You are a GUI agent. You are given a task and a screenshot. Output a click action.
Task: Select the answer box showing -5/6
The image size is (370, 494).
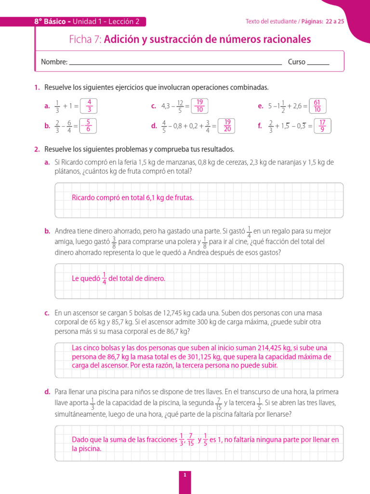pos(88,126)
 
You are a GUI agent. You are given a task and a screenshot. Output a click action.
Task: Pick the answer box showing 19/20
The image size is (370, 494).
pos(227,126)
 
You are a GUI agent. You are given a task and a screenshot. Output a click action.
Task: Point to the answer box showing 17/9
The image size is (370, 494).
pos(322,126)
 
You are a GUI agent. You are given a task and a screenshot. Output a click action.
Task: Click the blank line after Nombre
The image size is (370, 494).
pos(175,63)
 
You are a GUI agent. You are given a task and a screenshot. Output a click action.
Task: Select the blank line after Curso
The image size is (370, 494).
pos(318,63)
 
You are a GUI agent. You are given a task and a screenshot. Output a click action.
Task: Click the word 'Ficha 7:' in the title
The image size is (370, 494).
pos(85,40)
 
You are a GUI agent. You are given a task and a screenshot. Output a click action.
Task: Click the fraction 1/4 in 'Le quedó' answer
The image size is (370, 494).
pos(105,278)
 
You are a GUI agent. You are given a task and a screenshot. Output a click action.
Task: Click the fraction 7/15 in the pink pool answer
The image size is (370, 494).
pos(191,439)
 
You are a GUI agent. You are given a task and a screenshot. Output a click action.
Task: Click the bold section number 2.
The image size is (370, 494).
pos(37,150)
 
